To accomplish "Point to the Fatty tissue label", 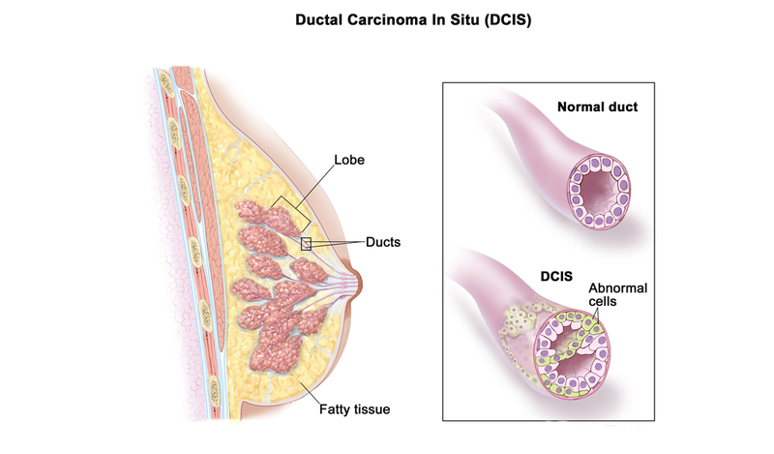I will pyautogui.click(x=354, y=409).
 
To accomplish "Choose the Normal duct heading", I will pyautogui.click(x=597, y=106).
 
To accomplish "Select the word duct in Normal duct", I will pyautogui.click(x=622, y=106).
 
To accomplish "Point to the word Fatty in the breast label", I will pyautogui.click(x=334, y=409).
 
